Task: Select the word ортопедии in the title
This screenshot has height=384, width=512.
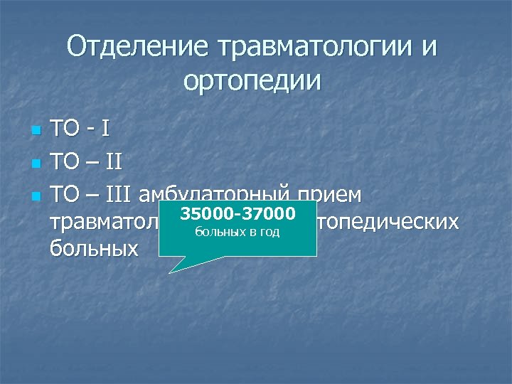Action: [252, 80]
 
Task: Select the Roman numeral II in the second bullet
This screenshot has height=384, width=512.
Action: [114, 162]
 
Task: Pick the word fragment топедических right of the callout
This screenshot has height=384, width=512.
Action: [388, 223]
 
